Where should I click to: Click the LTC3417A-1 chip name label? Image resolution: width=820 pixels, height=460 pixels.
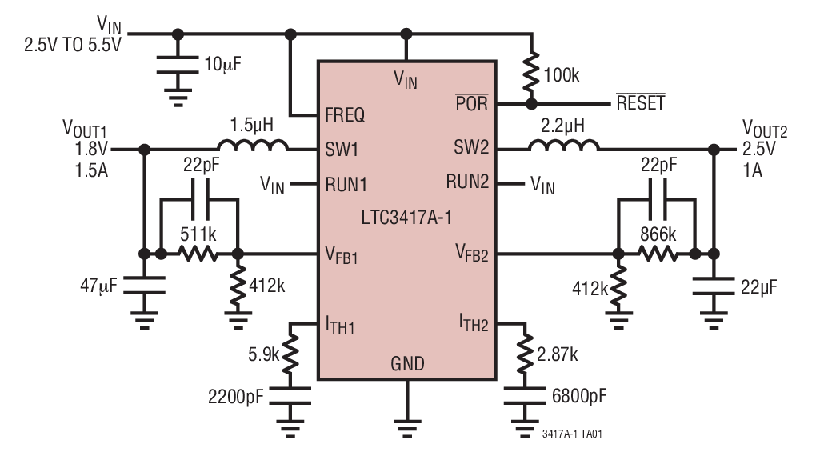[406, 218]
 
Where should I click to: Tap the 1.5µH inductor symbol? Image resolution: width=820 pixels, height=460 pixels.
[253, 147]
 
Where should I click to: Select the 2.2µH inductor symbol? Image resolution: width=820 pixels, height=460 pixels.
[563, 147]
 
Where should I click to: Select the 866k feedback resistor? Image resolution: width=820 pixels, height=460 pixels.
[657, 254]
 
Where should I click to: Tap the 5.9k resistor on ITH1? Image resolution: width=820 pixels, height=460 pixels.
[291, 350]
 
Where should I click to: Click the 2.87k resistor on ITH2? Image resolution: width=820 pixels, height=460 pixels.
[526, 350]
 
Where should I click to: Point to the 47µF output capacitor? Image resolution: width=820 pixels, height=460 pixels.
[144, 284]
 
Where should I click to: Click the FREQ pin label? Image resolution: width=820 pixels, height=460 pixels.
[345, 115]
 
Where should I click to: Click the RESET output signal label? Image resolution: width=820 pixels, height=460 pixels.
[640, 104]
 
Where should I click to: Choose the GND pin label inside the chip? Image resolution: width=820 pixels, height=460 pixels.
[407, 364]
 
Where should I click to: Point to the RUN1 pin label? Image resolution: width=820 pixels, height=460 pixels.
[346, 184]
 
